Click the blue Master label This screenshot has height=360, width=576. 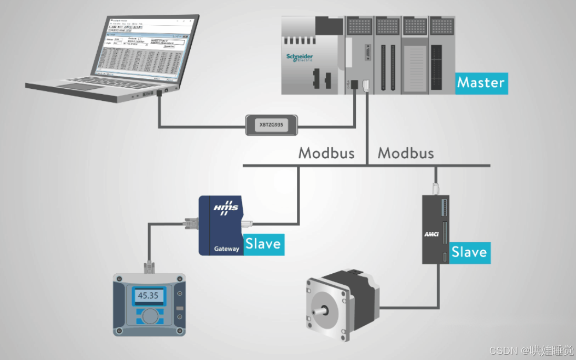tap(481, 83)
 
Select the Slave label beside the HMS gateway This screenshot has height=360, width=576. tap(263, 244)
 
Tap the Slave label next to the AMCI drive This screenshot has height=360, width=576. tap(469, 252)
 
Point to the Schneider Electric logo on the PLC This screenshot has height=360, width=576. tap(300, 57)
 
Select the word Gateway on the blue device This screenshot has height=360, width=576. tap(226, 249)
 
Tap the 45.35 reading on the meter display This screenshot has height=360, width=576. tap(148, 295)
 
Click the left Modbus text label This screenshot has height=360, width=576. tap(326, 153)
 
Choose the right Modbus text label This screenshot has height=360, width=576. tap(406, 153)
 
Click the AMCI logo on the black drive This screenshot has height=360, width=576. tap(431, 234)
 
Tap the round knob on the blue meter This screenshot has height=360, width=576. tap(150, 316)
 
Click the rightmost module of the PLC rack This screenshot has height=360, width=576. tap(442, 55)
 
